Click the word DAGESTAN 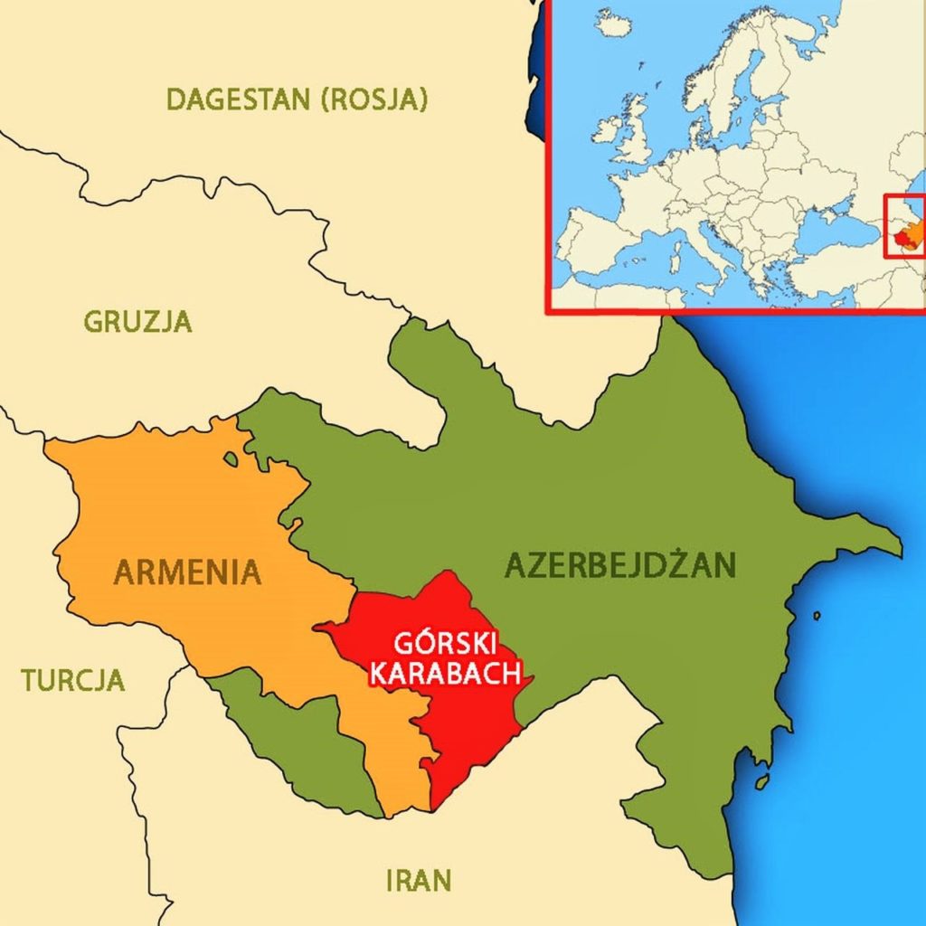tap(237, 99)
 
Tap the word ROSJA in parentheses tap(373, 99)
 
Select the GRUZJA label tap(137, 321)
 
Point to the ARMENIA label tap(187, 572)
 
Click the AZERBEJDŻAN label tap(620, 565)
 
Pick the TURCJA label tap(73, 680)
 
